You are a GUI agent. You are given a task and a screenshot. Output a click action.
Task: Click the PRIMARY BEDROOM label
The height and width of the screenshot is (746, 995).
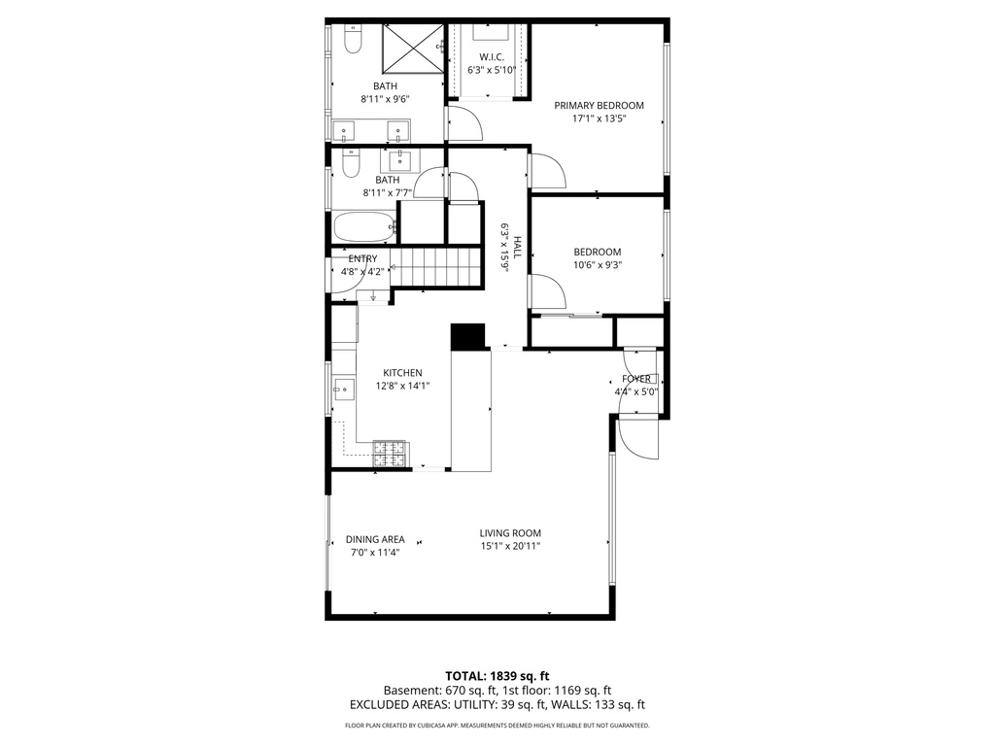[599, 106]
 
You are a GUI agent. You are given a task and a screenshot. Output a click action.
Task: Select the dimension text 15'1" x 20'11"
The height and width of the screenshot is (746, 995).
[509, 546]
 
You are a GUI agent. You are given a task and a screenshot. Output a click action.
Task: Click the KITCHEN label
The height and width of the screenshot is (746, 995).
[402, 373]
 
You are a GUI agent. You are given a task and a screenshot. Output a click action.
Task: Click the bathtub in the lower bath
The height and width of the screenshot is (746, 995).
[363, 228]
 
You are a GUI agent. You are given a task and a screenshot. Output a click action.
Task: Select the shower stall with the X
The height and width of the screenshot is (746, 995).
[411, 48]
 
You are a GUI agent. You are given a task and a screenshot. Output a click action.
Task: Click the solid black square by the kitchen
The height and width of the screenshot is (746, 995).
[467, 336]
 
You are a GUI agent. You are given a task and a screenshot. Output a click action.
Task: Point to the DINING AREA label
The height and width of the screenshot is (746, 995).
[374, 540]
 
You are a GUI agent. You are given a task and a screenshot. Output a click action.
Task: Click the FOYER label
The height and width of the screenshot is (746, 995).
[636, 379]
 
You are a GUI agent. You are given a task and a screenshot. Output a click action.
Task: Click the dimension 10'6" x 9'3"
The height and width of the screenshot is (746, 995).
[597, 264]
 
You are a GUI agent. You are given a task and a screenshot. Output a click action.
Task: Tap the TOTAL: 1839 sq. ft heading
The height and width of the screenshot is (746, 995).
[497, 676]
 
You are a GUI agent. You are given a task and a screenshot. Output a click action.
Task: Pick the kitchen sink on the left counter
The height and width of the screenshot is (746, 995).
[342, 390]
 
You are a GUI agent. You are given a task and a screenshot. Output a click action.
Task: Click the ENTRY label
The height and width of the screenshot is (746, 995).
[362, 258]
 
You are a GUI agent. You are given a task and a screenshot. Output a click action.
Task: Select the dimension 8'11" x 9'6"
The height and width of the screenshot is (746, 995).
[385, 99]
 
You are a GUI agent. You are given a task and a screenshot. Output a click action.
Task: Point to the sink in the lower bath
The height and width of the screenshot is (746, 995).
[400, 159]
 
